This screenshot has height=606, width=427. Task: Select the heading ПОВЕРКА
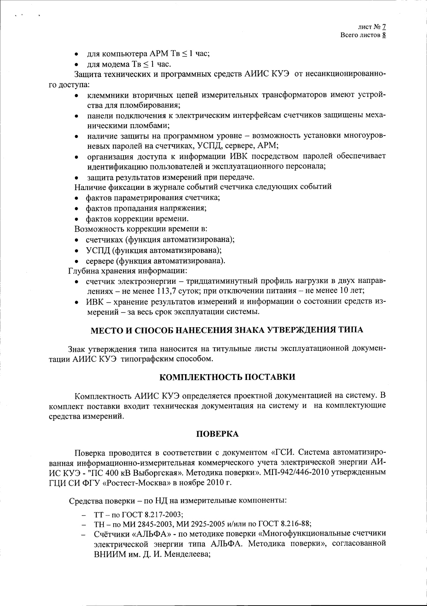[x=217, y=434]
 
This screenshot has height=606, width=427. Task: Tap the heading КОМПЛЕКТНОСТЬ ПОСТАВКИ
[x=227, y=377]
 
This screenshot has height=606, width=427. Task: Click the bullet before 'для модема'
[x=77, y=64]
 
